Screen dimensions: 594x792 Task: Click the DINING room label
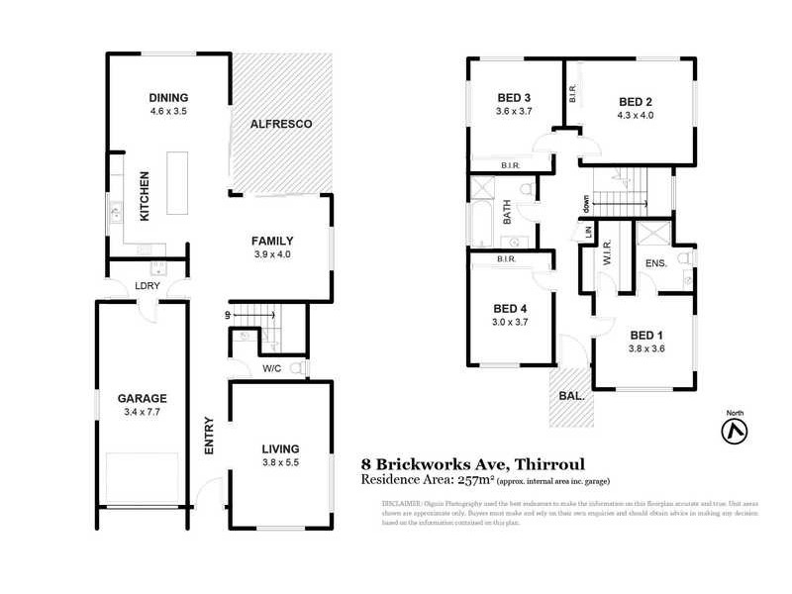click(168, 97)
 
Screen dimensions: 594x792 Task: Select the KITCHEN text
click(144, 195)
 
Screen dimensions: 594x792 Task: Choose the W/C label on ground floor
click(272, 370)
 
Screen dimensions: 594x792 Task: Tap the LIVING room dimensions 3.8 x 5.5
click(280, 462)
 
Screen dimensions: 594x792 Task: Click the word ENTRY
click(210, 434)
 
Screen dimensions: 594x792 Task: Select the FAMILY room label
click(271, 241)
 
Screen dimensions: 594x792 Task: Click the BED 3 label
click(514, 97)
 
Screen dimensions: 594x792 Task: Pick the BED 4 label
click(512, 308)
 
